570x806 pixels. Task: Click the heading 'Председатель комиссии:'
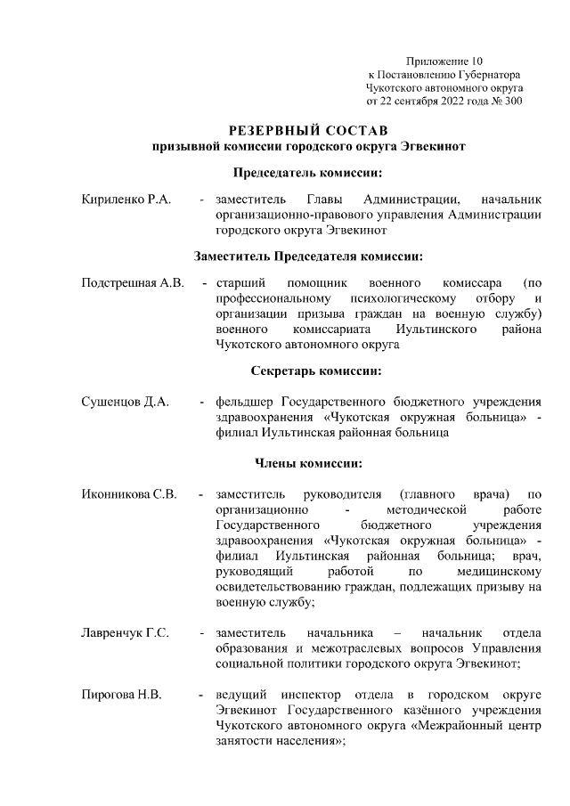(309, 172)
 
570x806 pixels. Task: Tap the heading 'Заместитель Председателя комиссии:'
(309, 256)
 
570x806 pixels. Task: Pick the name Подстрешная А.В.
(132, 282)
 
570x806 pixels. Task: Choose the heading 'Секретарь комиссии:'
(309, 370)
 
